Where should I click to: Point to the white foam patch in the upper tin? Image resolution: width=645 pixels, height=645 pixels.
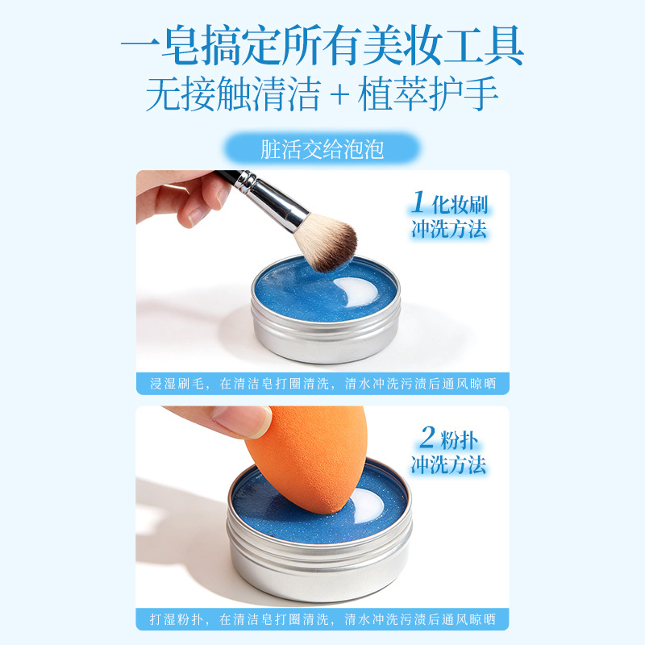(x=356, y=291)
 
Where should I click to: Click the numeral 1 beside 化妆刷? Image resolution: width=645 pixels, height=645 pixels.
(x=418, y=202)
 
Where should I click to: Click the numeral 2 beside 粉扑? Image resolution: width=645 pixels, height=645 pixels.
(x=428, y=437)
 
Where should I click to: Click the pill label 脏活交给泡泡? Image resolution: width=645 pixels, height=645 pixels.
(x=322, y=148)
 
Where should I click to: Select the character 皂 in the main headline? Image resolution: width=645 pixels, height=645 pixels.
(x=181, y=45)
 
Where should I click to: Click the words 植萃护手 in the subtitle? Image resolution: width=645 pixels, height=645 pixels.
(x=428, y=94)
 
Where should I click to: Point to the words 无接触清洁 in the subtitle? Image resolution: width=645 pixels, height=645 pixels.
(x=233, y=94)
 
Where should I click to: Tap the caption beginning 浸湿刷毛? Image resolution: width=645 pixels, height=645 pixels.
(x=323, y=384)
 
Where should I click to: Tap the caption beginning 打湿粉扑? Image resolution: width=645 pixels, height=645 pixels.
(x=323, y=619)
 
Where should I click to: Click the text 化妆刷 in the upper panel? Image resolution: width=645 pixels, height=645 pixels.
(x=460, y=205)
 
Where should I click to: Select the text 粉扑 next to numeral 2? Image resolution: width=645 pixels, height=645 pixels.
(x=460, y=439)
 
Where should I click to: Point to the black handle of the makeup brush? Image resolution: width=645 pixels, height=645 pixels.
(x=227, y=177)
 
